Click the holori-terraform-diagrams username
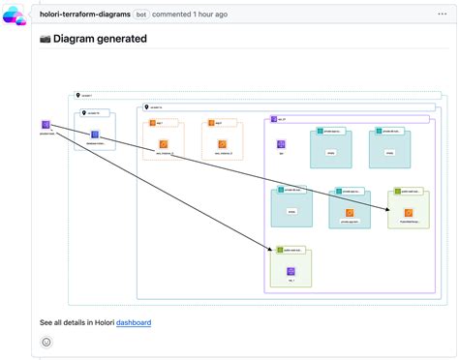pos(85,15)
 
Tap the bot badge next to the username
pos(141,15)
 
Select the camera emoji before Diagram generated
pos(46,40)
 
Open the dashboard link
pos(134,322)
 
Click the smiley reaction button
pos(46,342)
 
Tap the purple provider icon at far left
pos(46,125)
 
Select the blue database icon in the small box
pos(95,136)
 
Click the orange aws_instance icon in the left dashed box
pos(164,144)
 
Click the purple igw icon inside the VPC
pos(281,143)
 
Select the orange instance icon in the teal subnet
pos(350,212)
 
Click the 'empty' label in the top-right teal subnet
pos(389,152)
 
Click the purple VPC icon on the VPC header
pos(274,119)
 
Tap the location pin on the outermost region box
pos(77,97)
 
